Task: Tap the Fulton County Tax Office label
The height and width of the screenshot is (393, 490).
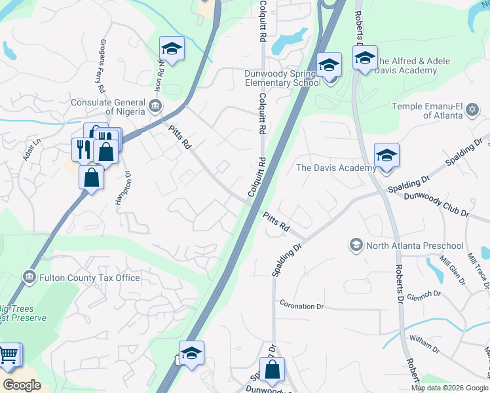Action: (90, 278)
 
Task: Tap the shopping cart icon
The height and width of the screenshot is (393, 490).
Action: (9, 355)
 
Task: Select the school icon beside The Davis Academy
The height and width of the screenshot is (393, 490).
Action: (386, 155)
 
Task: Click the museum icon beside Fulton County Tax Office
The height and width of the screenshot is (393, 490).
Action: (29, 278)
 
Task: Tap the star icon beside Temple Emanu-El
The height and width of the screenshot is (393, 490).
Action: (473, 107)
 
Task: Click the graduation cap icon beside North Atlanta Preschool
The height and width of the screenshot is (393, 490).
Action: (356, 246)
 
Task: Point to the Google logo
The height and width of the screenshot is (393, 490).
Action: (22, 385)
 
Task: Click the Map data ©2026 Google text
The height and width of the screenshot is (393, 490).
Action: (449, 388)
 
